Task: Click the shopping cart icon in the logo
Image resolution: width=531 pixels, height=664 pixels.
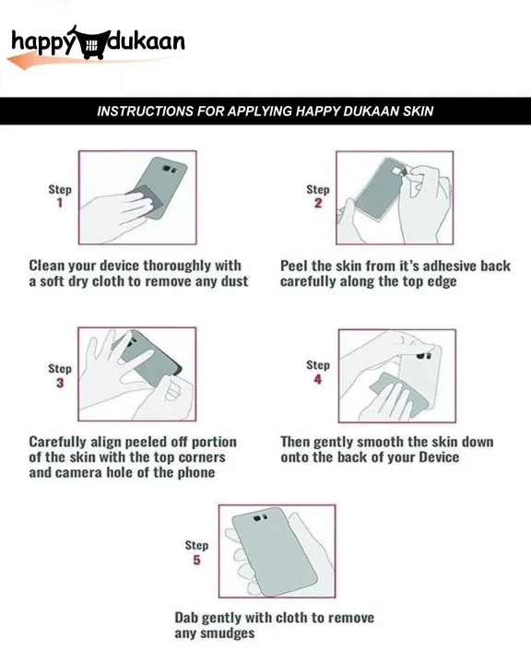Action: point(90,43)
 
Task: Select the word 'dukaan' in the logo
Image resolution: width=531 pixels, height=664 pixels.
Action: point(147,41)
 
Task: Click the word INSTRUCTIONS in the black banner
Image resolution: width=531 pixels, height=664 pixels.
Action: point(146,111)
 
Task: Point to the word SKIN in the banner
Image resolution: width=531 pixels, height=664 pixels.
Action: point(418,111)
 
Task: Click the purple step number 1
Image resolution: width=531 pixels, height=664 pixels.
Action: point(60,203)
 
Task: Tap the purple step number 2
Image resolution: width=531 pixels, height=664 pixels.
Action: point(318,203)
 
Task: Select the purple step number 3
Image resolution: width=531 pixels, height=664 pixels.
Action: point(60,383)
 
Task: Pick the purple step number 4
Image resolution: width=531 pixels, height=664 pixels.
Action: point(318,379)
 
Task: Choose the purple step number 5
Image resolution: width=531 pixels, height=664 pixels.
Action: point(196,560)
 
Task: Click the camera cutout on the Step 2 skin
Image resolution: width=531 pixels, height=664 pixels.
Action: point(398,171)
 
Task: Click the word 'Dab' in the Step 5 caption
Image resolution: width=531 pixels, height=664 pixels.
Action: point(186,618)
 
